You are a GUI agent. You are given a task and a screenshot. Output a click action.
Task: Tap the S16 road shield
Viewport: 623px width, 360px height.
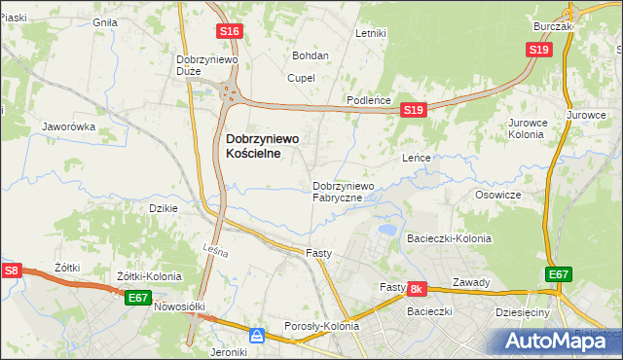click(x=229, y=32)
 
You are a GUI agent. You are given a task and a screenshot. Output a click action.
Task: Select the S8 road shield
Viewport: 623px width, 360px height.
click(x=11, y=270)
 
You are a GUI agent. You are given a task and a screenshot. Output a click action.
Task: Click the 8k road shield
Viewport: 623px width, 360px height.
click(x=417, y=289)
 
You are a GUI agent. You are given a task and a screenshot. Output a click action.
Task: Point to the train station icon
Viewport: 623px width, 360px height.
click(x=257, y=336)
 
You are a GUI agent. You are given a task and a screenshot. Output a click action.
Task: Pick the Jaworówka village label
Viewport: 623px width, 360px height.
click(x=68, y=126)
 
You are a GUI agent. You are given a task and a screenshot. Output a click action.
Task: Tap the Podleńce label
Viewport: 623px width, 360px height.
click(x=370, y=101)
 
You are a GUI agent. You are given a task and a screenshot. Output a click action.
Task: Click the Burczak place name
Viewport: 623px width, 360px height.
click(x=553, y=26)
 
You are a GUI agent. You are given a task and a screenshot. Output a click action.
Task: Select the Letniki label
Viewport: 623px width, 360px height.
click(x=371, y=33)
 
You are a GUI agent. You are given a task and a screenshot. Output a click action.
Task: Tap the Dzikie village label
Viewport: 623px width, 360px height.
click(x=162, y=208)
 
